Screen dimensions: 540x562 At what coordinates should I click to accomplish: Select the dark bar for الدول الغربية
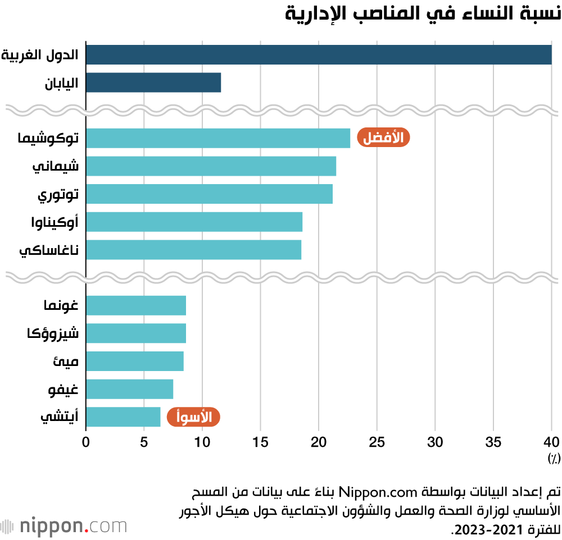tap(319, 55)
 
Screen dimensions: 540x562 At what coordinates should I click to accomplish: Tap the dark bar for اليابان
tap(153, 83)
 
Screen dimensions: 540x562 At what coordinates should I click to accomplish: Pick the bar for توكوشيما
tap(218, 138)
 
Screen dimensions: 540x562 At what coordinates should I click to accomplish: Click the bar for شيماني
tap(211, 166)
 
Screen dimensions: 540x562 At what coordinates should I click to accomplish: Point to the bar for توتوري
tap(209, 194)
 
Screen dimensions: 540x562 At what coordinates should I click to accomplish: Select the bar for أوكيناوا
tap(194, 222)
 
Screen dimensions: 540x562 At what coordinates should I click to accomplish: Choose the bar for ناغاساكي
tap(193, 250)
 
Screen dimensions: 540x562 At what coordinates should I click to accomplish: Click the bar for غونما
tap(136, 306)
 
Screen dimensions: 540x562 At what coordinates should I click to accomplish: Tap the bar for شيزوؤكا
tap(136, 333)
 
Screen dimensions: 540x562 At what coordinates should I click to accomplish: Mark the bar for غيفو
tap(129, 389)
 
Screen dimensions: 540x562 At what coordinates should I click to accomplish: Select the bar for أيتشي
tap(123, 417)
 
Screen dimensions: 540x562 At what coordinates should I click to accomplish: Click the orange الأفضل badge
tap(383, 138)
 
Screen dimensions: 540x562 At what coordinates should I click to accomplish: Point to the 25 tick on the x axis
tap(377, 442)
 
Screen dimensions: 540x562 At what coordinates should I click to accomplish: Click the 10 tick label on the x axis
tap(202, 442)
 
